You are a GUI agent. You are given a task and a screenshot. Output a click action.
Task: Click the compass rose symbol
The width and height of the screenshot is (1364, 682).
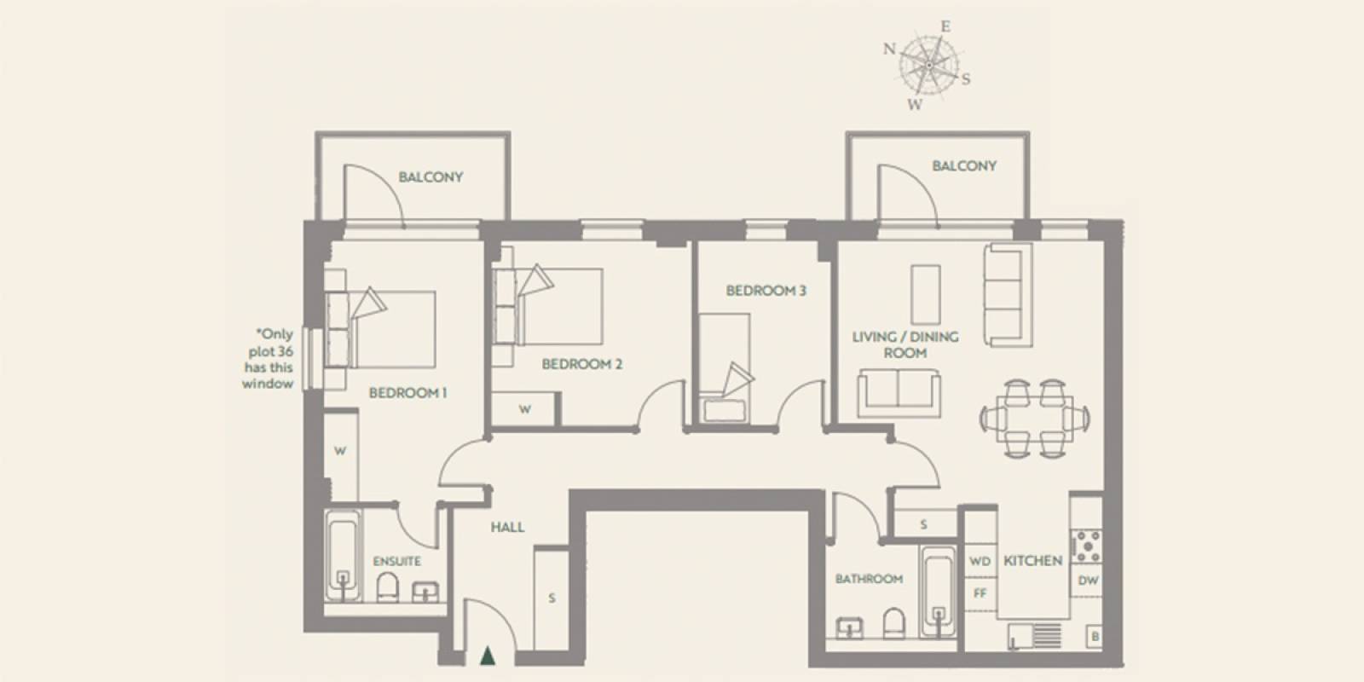[x=928, y=66]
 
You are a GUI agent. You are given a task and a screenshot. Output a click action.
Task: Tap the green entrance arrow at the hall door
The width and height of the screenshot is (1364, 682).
[x=487, y=656]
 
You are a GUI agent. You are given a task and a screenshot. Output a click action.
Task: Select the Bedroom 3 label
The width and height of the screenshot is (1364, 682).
[x=766, y=291]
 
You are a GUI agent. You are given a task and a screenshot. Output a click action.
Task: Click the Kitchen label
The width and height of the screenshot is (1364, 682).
[x=1032, y=560]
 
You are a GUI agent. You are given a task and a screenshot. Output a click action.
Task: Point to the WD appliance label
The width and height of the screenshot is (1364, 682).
[x=980, y=562]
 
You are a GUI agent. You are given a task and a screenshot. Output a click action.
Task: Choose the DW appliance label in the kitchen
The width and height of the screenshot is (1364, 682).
[x=1088, y=581]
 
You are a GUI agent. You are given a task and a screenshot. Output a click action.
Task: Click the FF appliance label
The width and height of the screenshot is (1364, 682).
[x=980, y=592]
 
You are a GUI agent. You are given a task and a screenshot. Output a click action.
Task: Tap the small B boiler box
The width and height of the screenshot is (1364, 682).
[x=1095, y=637]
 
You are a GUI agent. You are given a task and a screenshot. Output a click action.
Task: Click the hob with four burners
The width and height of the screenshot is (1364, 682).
[x=1088, y=546]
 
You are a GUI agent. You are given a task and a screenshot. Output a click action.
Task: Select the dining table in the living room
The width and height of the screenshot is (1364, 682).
[x=1035, y=419]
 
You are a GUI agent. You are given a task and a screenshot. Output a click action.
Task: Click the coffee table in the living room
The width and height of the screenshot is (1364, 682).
[x=926, y=294]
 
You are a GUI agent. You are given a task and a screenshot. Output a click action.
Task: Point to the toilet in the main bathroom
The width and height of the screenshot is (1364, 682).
[x=894, y=623]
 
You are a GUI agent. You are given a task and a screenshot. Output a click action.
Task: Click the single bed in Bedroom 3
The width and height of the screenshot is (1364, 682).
[x=724, y=367]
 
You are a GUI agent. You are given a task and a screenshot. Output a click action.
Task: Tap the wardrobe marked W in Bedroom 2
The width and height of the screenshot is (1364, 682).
[x=524, y=409]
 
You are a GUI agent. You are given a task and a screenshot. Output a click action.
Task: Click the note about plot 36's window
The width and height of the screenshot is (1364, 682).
[x=269, y=359]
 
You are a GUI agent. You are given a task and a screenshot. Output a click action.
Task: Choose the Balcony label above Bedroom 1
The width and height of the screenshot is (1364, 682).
[x=431, y=177]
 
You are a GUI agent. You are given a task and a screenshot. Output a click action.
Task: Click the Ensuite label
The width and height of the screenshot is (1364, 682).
[x=397, y=561]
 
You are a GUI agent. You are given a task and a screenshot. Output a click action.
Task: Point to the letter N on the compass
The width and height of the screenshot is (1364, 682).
[x=890, y=49]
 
